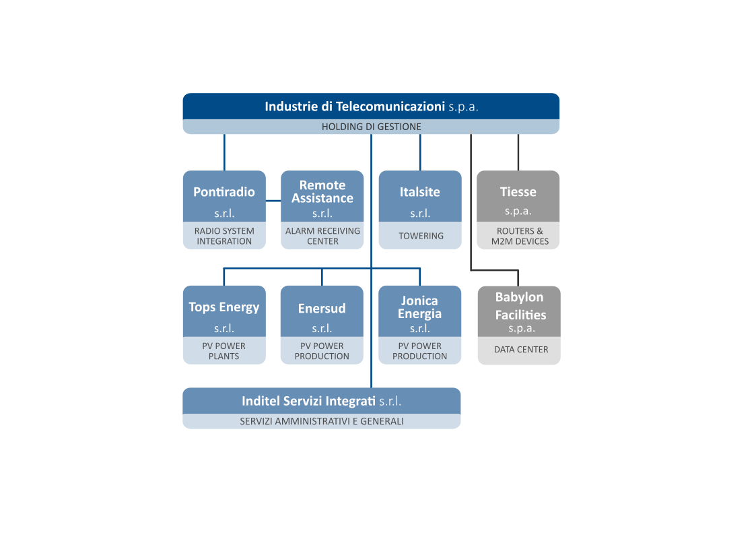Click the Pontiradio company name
(x=224, y=192)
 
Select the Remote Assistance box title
(x=322, y=191)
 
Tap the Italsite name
(x=420, y=192)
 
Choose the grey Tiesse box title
(x=518, y=192)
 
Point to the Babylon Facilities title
(x=519, y=306)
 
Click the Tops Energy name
(x=224, y=307)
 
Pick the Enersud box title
(x=322, y=309)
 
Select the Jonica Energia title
(x=420, y=307)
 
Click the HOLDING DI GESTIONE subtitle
(x=371, y=127)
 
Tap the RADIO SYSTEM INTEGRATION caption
(x=224, y=236)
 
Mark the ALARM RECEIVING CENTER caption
(x=322, y=236)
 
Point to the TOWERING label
(x=421, y=236)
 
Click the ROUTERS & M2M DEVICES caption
(x=518, y=236)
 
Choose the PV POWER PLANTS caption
(x=224, y=351)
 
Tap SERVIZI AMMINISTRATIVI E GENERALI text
(x=322, y=421)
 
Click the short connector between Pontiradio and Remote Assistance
(x=273, y=200)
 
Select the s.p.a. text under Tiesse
(x=518, y=211)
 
